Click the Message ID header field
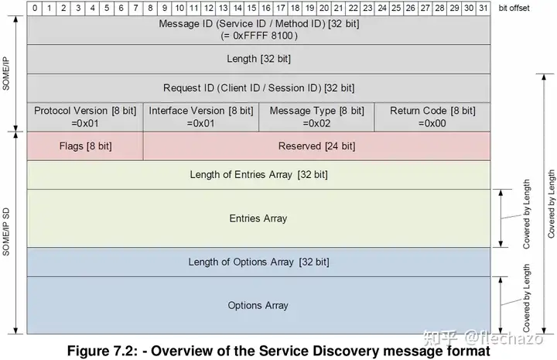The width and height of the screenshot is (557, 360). (258, 23)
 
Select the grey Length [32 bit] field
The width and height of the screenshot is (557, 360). (258, 58)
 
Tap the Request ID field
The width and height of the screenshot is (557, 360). (258, 87)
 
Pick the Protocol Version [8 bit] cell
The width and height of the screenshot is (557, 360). (85, 116)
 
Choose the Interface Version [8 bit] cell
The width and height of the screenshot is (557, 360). (200, 116)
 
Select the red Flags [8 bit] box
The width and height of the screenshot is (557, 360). (85, 146)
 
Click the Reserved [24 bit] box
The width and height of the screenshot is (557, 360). (316, 146)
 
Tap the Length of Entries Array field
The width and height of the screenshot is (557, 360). (258, 175)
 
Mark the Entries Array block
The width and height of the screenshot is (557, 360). (258, 218)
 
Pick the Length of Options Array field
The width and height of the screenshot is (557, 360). (258, 262)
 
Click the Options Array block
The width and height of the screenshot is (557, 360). (258, 305)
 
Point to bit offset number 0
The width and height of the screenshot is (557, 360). (35, 7)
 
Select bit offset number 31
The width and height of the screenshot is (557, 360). (484, 7)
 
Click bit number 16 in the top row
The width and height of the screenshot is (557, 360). (266, 7)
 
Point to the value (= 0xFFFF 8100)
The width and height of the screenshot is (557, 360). (258, 36)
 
